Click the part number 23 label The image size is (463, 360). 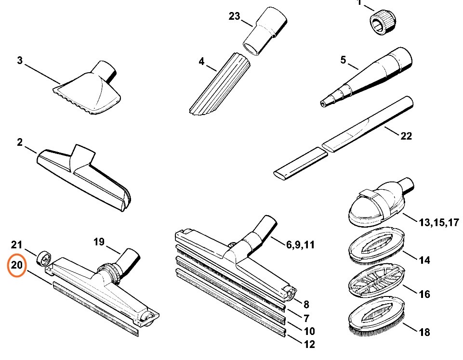[x=234, y=16]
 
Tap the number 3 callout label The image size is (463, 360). [x=20, y=61]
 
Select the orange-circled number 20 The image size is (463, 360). [x=17, y=265]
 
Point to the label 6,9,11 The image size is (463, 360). [x=300, y=244]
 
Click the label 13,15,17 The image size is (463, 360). [x=438, y=222]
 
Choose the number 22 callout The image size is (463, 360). [x=406, y=136]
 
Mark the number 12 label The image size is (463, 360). [x=309, y=344]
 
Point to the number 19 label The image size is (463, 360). [x=99, y=242]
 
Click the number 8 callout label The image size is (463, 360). [x=306, y=304]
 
